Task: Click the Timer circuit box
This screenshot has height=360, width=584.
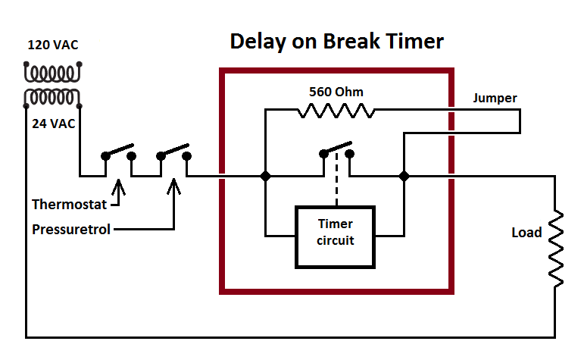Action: [335, 236]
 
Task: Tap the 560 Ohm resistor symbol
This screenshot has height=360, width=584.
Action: [336, 111]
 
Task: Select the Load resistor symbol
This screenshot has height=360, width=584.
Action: [557, 249]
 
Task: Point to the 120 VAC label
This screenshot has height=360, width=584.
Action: [53, 45]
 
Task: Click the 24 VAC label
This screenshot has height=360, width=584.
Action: [53, 124]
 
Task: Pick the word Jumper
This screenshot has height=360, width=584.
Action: [495, 98]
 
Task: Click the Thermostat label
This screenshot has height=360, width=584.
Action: [70, 204]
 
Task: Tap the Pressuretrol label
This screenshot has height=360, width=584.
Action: [70, 228]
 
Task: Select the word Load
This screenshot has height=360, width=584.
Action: [526, 232]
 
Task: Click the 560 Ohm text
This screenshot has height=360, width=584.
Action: [336, 92]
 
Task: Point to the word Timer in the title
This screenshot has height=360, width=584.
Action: [414, 42]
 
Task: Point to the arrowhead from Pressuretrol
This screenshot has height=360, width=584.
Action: [173, 185]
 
